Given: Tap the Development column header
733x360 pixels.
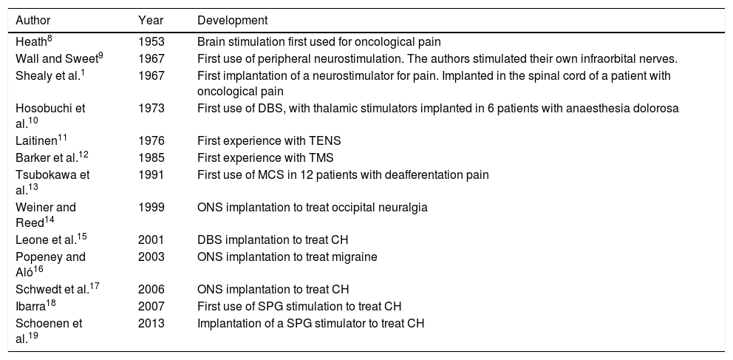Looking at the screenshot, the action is [x=232, y=19].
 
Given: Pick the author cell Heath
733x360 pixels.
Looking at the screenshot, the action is [x=32, y=43].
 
